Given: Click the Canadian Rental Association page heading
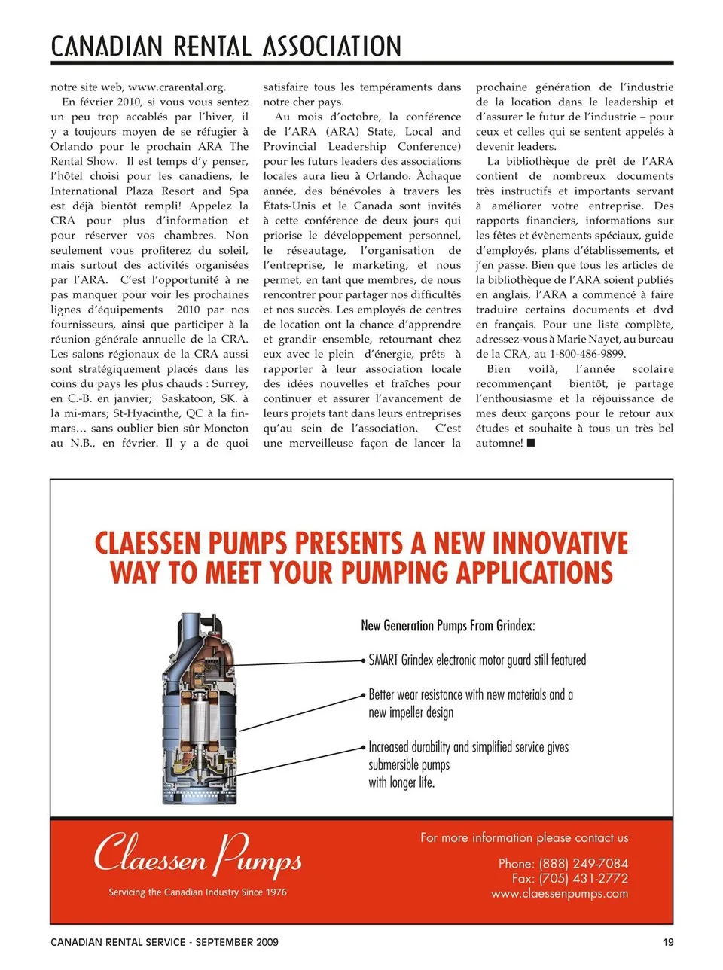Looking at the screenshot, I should pos(226,47).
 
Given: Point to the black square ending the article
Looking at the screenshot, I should pos(531,443).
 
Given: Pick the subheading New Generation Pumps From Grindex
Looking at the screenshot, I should pos(448,625).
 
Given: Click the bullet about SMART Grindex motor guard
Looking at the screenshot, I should pos(477,660).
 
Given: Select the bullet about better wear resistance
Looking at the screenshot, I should pos(471,703).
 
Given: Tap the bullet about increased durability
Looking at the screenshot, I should pos(468,764).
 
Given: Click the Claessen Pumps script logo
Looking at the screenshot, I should pos(198,855).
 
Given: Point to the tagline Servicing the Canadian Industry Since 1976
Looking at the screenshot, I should pos(197,892).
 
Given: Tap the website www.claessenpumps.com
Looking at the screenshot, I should pos(560,894).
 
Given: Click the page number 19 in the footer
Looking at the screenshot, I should pos(668,942).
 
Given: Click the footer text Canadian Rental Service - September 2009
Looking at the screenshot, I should pos(164,942).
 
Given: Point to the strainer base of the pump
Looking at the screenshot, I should pos(197,787).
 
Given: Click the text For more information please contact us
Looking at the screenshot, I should pos(524,837).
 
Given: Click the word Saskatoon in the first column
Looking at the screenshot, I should pos(191,399).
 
